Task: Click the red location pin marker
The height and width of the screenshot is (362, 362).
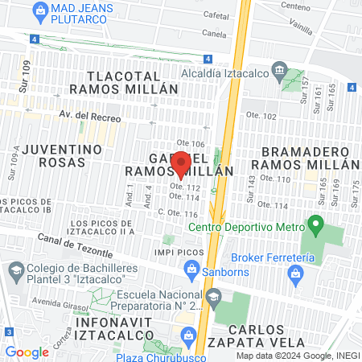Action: tap(181, 163)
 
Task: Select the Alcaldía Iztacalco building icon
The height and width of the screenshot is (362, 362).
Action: tap(279, 69)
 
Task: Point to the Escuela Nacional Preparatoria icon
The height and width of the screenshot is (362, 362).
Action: tap(213, 298)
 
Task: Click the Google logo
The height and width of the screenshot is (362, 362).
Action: tap(27, 352)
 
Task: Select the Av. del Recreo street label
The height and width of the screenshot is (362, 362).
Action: tap(89, 117)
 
